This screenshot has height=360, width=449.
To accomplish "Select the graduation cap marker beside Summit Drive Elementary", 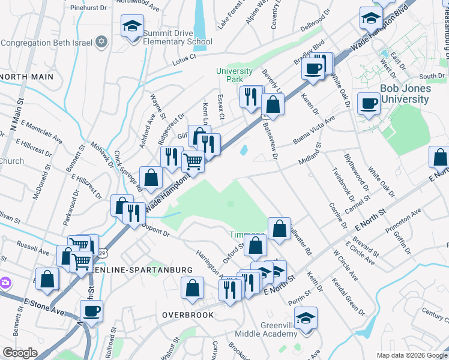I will coord(132,26).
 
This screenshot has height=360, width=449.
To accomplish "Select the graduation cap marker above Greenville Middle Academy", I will coord(306,318).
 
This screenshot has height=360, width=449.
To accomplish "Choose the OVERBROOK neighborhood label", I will coord(187,314).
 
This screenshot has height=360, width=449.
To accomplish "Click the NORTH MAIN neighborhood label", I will coord(28,77).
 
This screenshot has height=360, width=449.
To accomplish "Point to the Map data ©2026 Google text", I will coord(412,355).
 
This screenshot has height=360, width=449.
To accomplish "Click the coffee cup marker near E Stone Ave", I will coord(92,311).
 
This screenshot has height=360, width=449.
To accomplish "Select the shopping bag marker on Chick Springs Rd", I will coord(151,178).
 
